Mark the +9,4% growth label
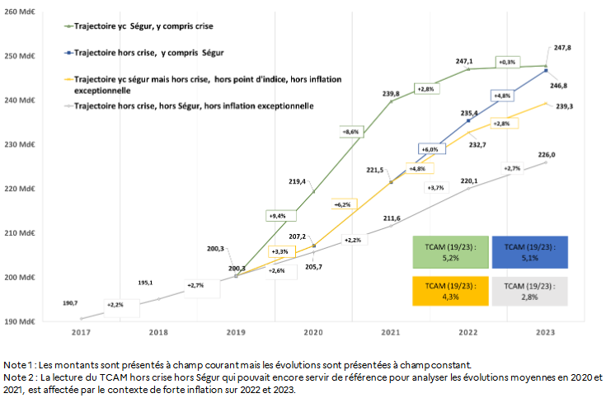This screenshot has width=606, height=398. pyautogui.click(x=279, y=215)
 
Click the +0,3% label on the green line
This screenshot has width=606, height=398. pyautogui.click(x=506, y=62)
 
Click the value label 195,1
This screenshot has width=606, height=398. pyautogui.click(x=146, y=283)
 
